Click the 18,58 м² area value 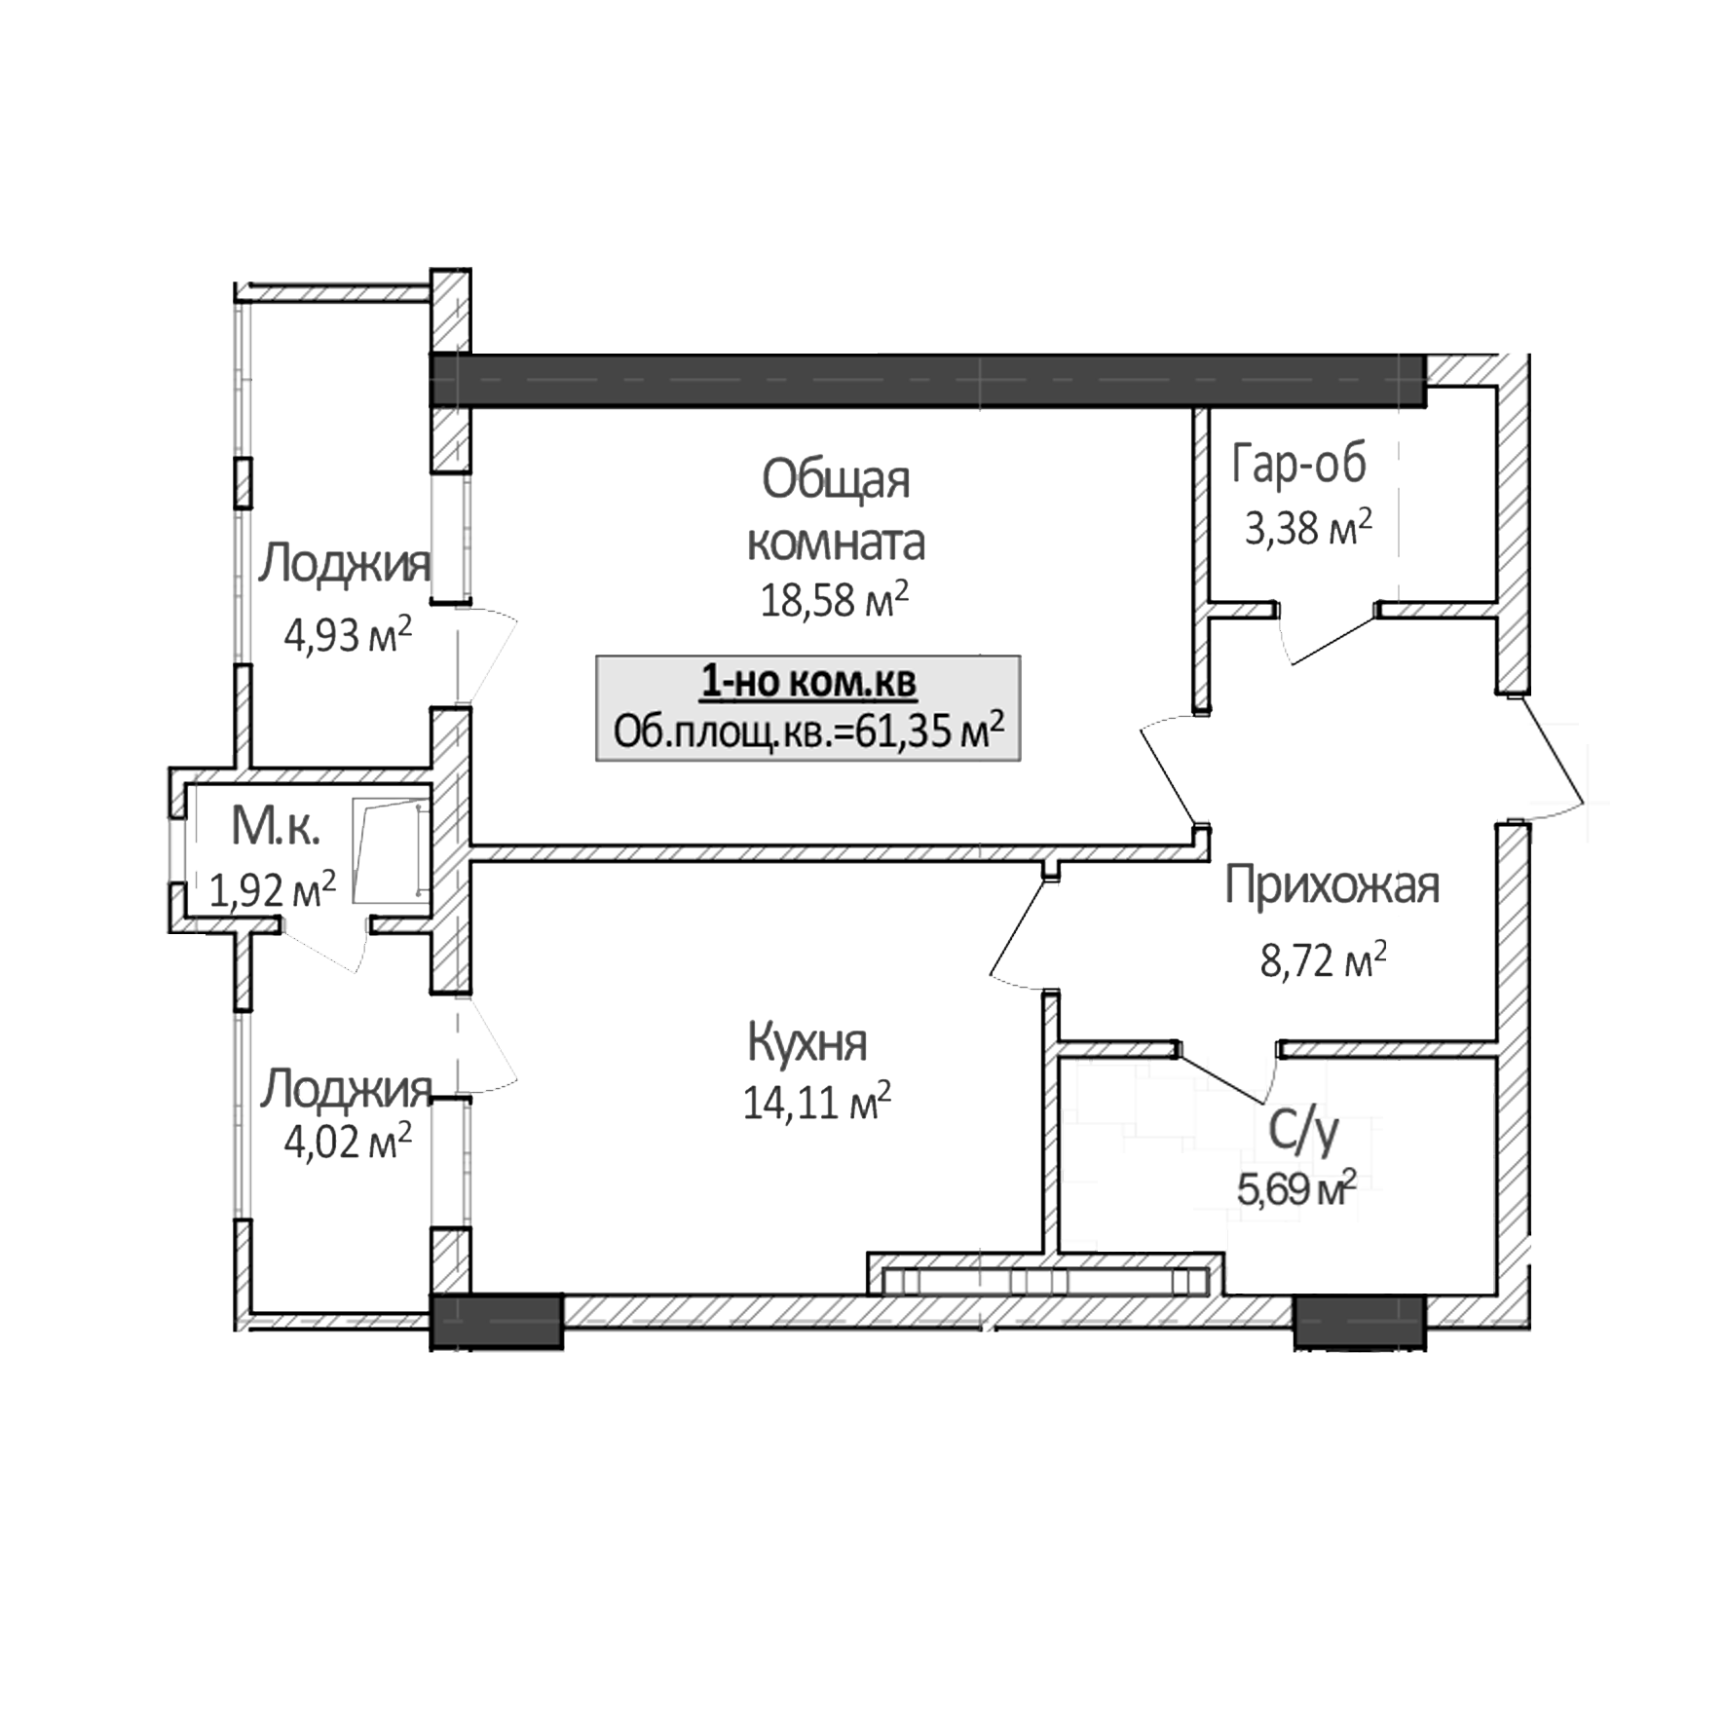pyautogui.click(x=834, y=601)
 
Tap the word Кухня pyautogui.click(x=807, y=1043)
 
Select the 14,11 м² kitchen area pyautogui.click(x=816, y=1104)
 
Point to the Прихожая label pyautogui.click(x=1332, y=887)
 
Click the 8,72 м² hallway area pyautogui.click(x=1323, y=962)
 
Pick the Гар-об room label pyautogui.click(x=1299, y=465)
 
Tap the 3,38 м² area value pyautogui.click(x=1308, y=529)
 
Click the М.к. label pyautogui.click(x=276, y=828)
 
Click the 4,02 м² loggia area pyautogui.click(x=347, y=1141)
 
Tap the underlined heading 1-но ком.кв pyautogui.click(x=808, y=683)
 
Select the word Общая pyautogui.click(x=836, y=480)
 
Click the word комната pyautogui.click(x=836, y=543)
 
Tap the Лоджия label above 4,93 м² pyautogui.click(x=344, y=565)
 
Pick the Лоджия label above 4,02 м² pyautogui.click(x=344, y=1089)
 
